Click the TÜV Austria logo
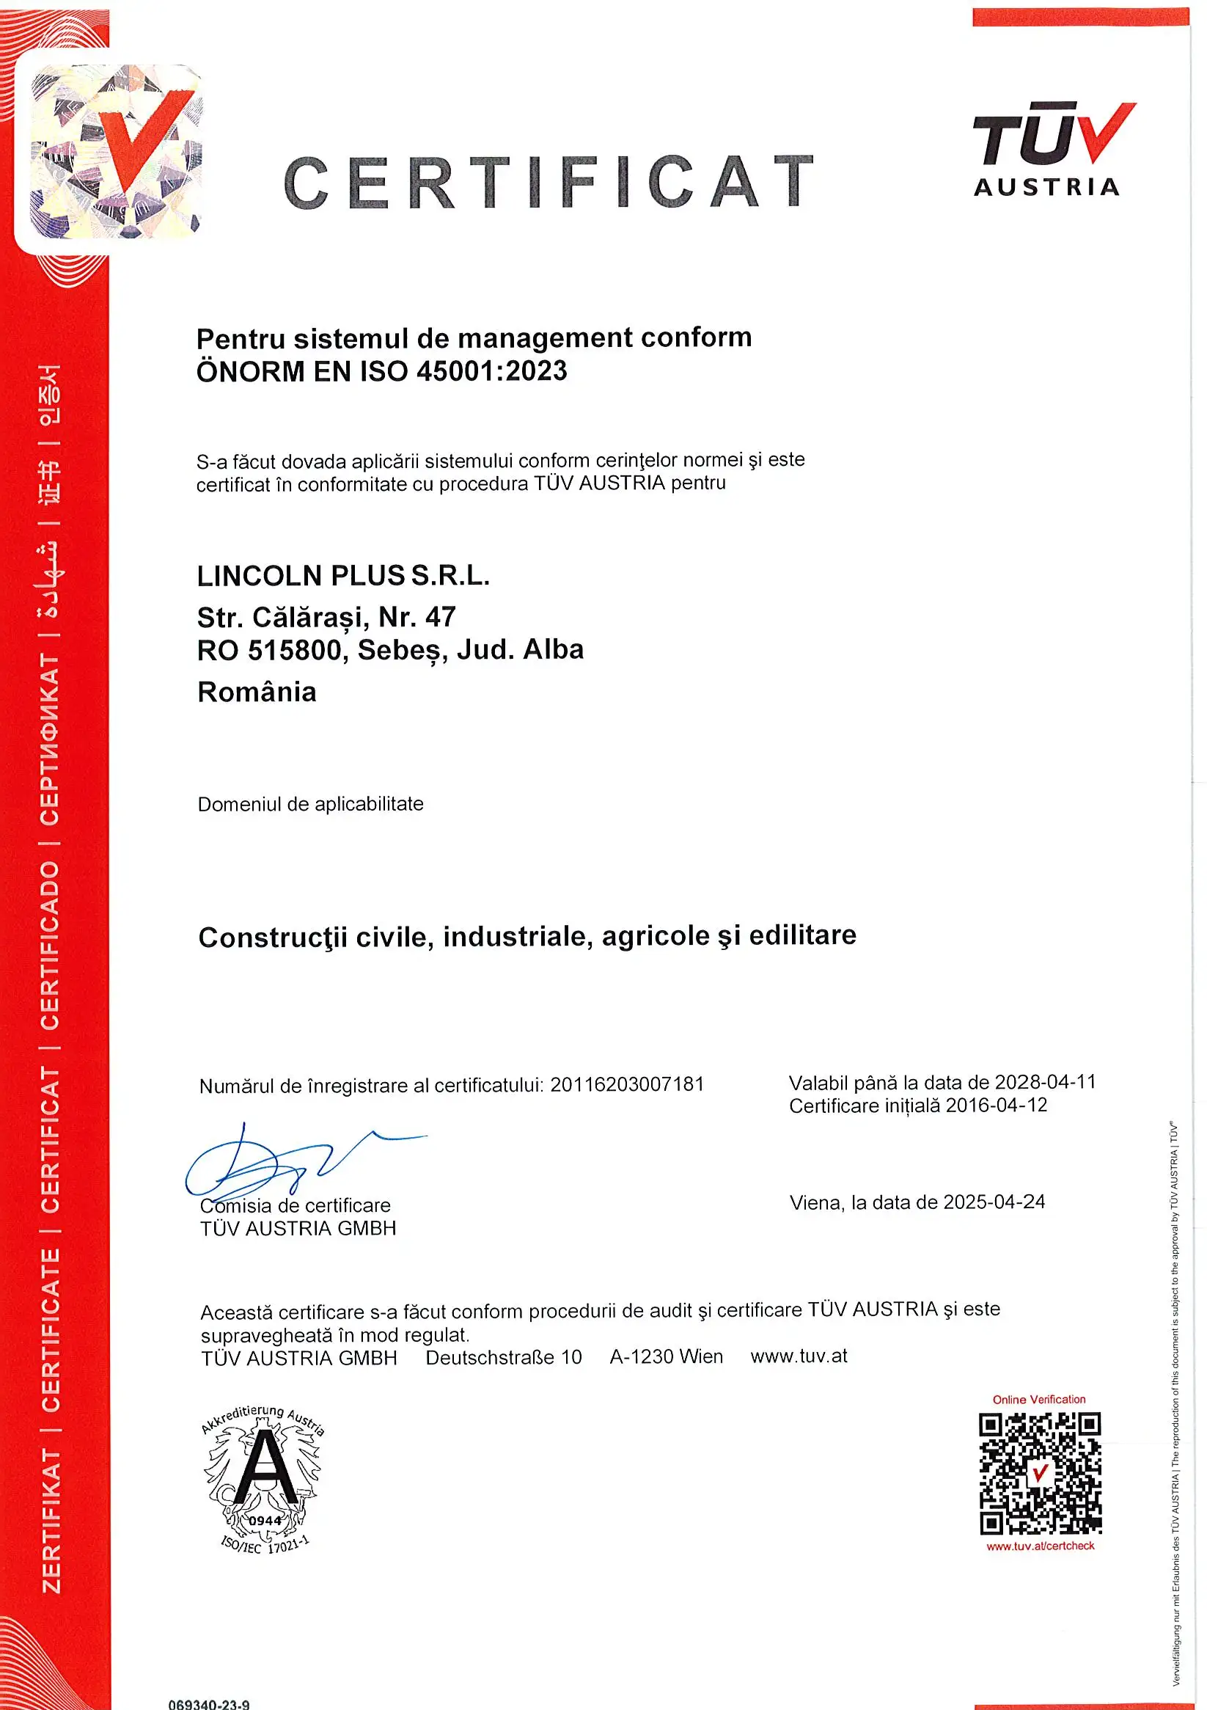(x=1052, y=150)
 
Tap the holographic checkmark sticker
(x=116, y=152)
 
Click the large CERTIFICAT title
(x=549, y=183)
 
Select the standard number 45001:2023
(x=491, y=371)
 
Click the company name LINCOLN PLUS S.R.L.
(x=343, y=576)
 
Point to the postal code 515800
(x=294, y=650)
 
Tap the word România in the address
(x=257, y=692)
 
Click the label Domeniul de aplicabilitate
(x=310, y=804)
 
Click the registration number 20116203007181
(x=627, y=1084)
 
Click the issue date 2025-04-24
(x=994, y=1202)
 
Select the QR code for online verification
(x=1040, y=1473)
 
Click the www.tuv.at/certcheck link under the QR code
(x=1041, y=1546)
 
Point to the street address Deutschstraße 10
(x=503, y=1357)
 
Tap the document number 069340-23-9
(x=209, y=1704)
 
